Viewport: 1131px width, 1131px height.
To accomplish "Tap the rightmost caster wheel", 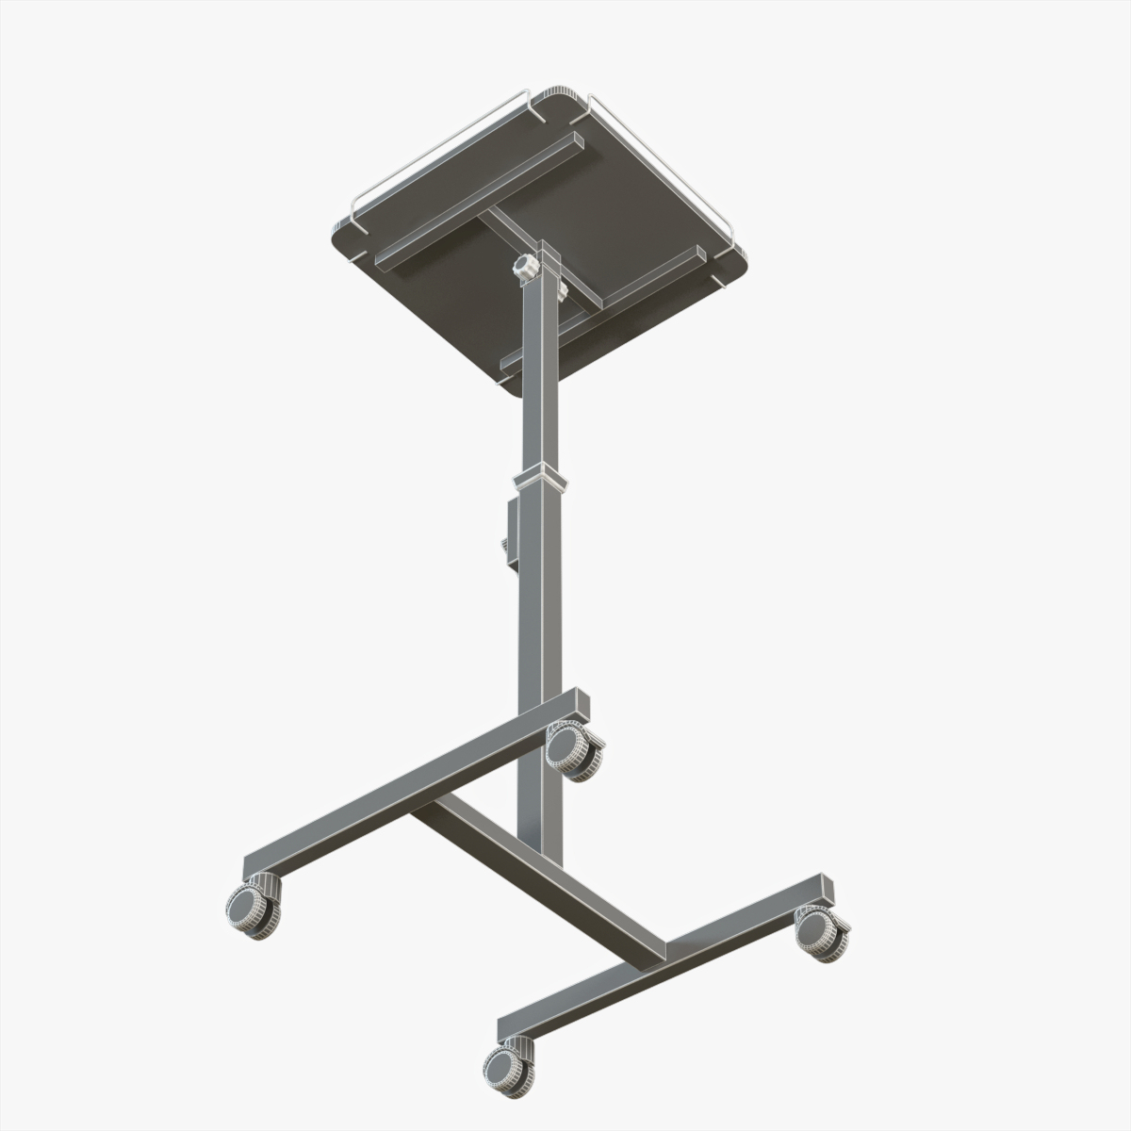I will coord(821,932).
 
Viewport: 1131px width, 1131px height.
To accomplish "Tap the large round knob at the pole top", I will coord(524,268).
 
